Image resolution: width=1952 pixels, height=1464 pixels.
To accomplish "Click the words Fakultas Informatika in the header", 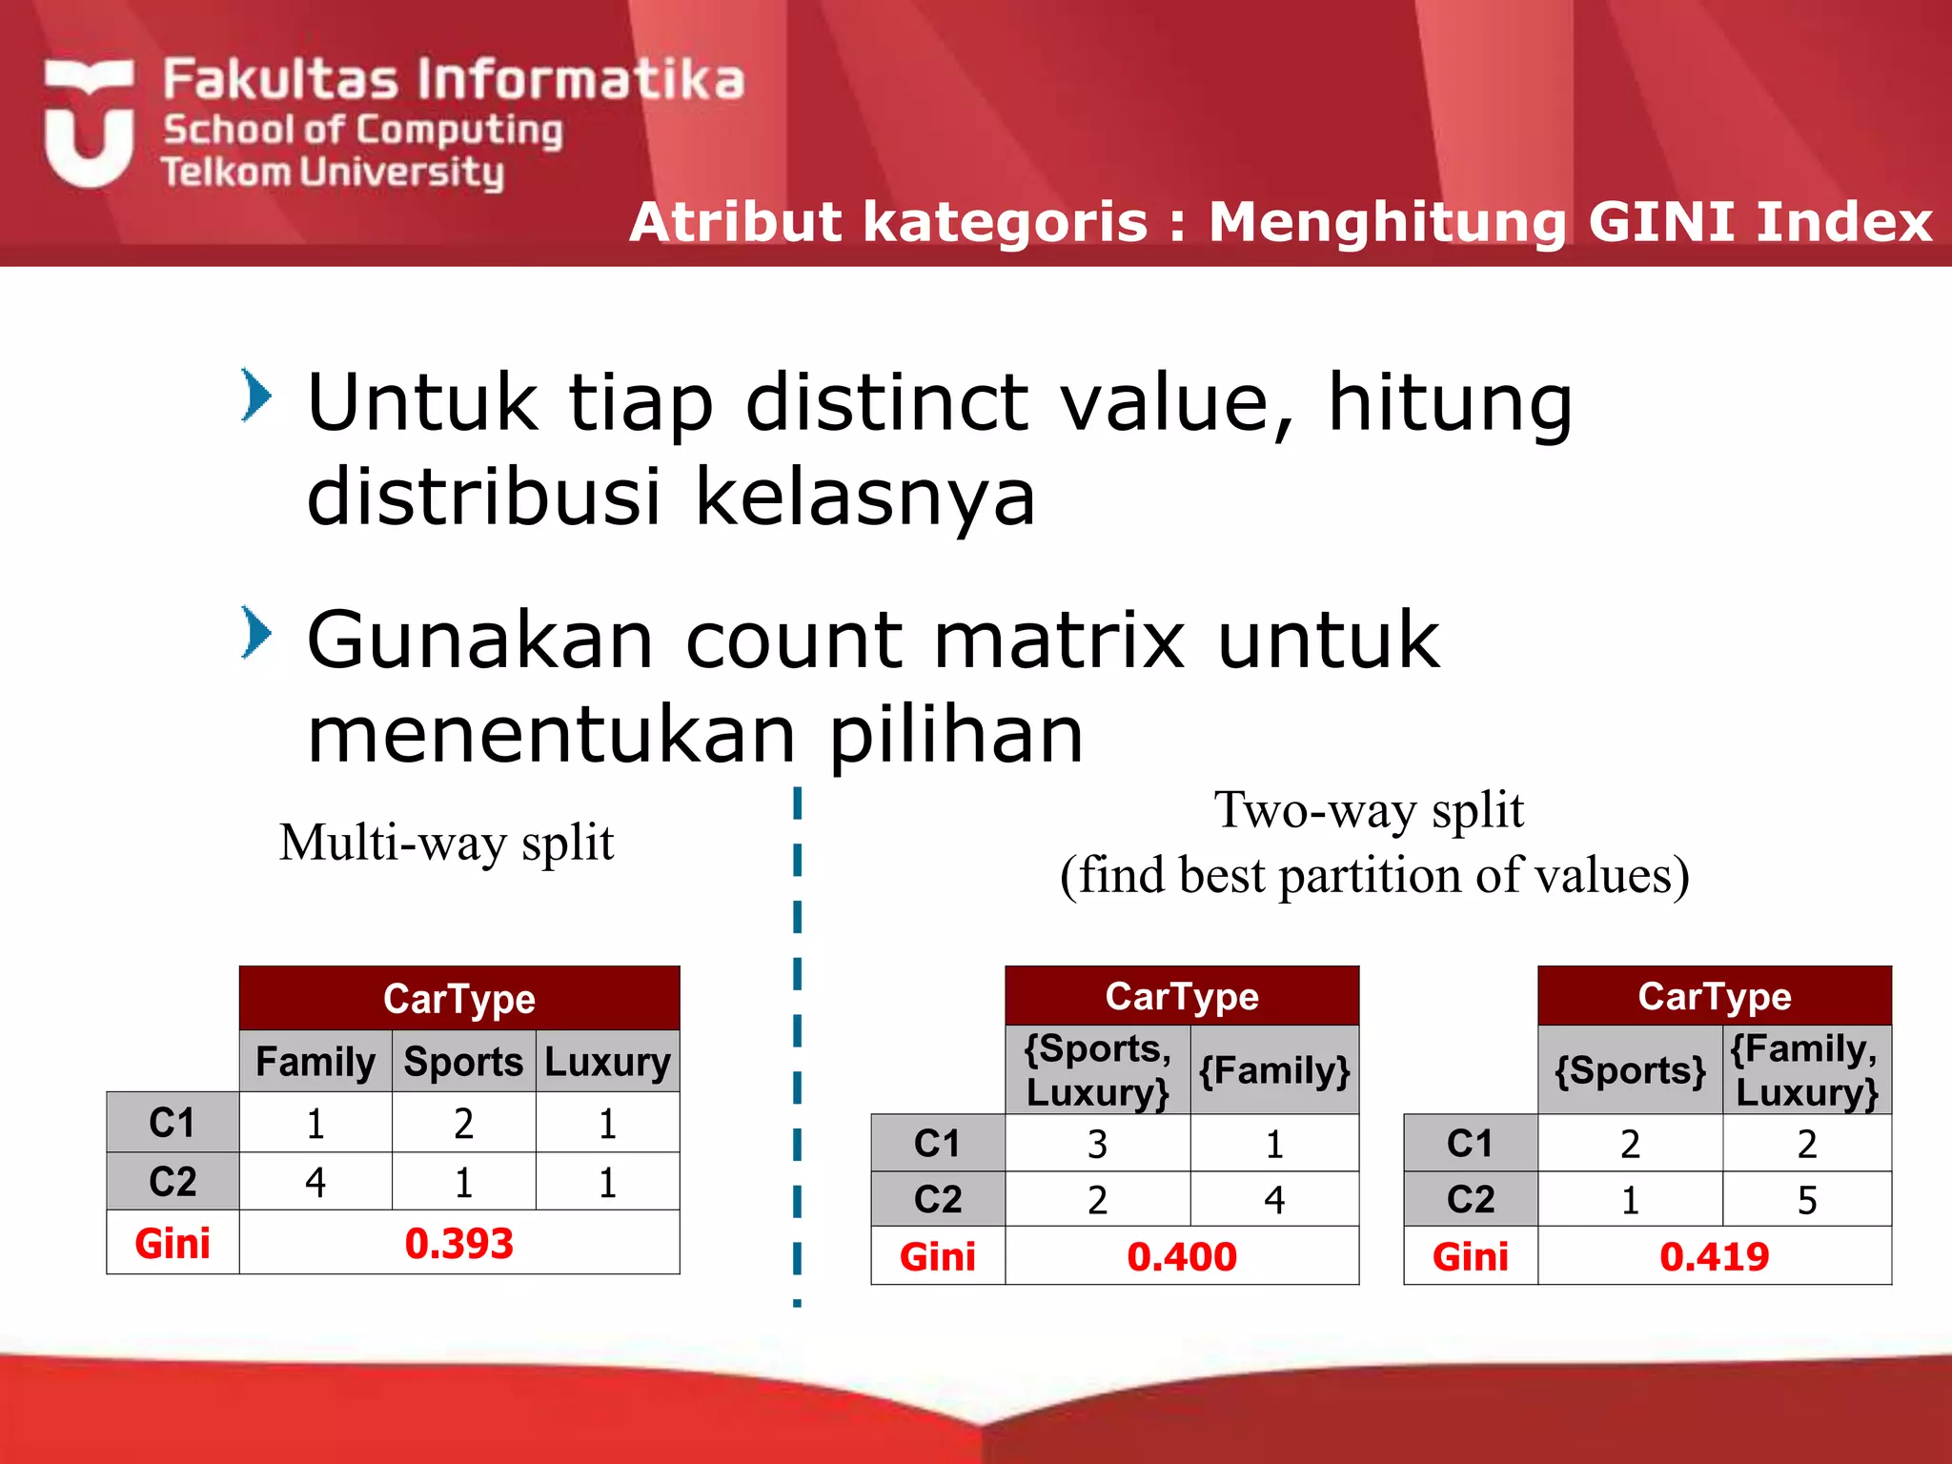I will click(x=453, y=79).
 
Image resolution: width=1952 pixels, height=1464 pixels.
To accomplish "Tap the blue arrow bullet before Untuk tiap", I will click(x=255, y=395).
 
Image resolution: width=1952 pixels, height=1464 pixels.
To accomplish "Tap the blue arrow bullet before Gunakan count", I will click(x=255, y=632).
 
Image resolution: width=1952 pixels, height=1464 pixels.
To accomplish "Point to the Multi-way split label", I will click(x=446, y=843).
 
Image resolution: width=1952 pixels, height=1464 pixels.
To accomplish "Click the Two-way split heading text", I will click(x=1369, y=810).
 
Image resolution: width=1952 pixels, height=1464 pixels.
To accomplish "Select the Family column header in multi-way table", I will click(x=315, y=1062).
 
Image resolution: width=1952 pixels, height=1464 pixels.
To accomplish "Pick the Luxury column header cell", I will click(x=607, y=1062).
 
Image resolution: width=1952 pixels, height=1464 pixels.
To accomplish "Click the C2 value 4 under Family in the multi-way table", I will click(x=315, y=1183).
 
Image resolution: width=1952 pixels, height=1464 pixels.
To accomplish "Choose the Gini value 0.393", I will click(x=459, y=1244).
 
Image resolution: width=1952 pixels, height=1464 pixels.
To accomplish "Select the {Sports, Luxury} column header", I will click(x=1097, y=1070).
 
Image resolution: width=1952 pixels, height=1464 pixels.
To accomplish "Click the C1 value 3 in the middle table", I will click(x=1097, y=1144).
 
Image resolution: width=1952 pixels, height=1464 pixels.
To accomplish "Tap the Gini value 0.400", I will click(x=1182, y=1257).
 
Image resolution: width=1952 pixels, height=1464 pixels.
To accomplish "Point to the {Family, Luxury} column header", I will click(x=1806, y=1070).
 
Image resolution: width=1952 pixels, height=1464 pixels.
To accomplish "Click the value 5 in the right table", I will click(x=1806, y=1200).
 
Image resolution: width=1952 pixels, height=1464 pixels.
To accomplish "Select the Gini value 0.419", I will click(x=1714, y=1257).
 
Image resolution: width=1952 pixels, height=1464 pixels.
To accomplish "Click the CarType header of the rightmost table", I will click(x=1714, y=997).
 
